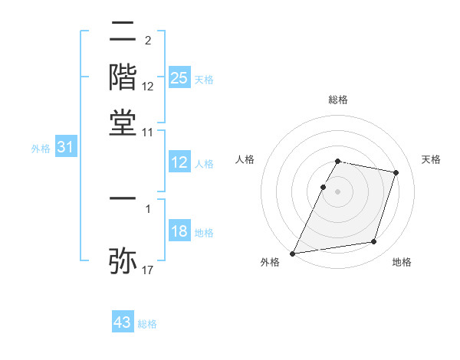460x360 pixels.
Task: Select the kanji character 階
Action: [x=123, y=77]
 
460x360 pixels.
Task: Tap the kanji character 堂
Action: [x=123, y=122]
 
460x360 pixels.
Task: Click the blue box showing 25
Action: [x=179, y=77]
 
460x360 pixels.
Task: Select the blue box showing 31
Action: [x=65, y=147]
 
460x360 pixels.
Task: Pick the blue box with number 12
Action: [x=179, y=162]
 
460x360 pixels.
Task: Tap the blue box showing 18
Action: [x=179, y=232]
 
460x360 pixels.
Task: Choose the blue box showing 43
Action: [x=123, y=322]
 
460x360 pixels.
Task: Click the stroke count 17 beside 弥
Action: [x=148, y=270]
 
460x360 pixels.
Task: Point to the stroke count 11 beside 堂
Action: [x=148, y=133]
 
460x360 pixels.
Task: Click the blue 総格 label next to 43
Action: [x=147, y=324]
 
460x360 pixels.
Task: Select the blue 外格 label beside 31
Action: [x=41, y=149]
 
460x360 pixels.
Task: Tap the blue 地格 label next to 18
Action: [x=204, y=233]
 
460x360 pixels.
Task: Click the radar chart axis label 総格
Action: [x=338, y=100]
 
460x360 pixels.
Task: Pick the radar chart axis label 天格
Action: [x=431, y=159]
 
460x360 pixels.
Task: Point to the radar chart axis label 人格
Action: [x=245, y=159]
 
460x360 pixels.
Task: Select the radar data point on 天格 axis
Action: [x=396, y=172]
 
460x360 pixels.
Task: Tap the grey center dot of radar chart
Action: [x=338, y=191]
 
